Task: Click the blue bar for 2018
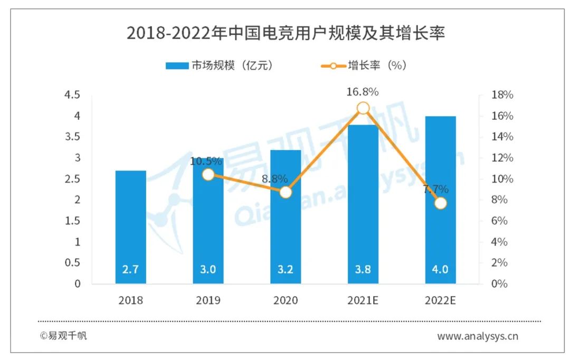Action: [131, 227]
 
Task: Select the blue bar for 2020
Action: [286, 232]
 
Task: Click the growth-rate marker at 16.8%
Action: [363, 108]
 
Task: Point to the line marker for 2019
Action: [208, 175]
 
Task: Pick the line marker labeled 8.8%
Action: [286, 192]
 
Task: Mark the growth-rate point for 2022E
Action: [440, 203]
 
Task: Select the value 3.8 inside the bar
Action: [363, 270]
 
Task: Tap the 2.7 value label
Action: [131, 270]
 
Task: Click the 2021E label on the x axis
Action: [363, 301]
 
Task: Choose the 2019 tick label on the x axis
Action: [208, 301]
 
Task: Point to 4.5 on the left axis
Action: [72, 95]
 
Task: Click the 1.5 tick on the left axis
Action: [72, 221]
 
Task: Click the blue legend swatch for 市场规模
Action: [177, 66]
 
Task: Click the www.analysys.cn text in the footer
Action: [478, 336]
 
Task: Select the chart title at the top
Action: [286, 34]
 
